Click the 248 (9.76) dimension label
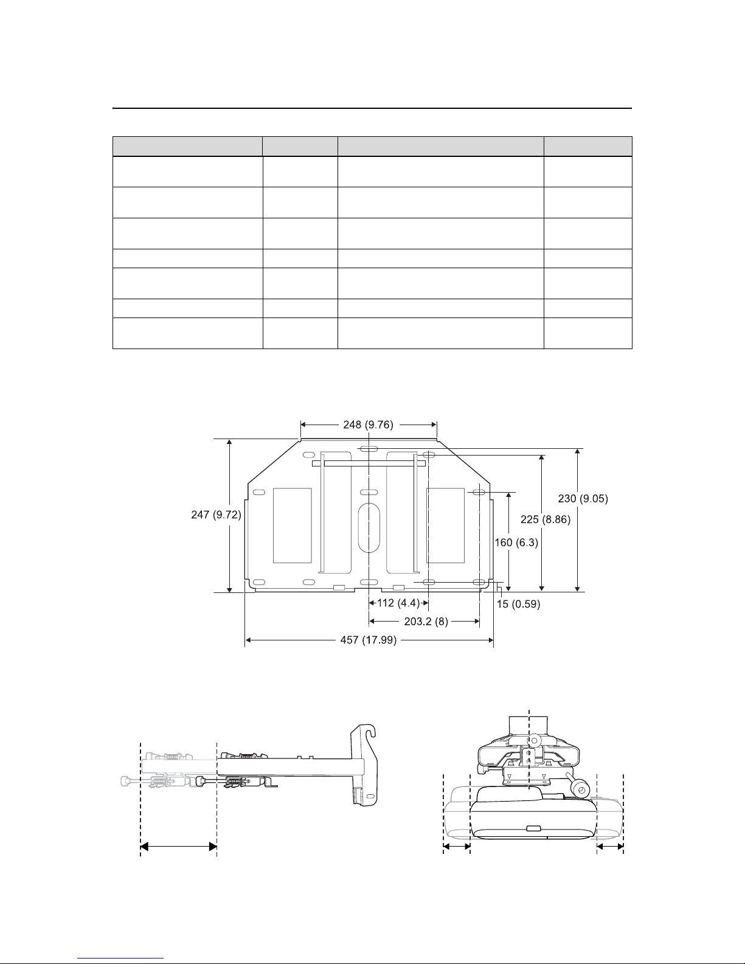pyautogui.click(x=368, y=425)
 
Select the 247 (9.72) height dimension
pyautogui.click(x=216, y=514)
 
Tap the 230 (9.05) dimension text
pyautogui.click(x=583, y=498)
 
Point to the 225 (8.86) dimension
pyautogui.click(x=546, y=519)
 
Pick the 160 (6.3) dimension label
pyautogui.click(x=516, y=542)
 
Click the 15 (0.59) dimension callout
pyautogui.click(x=518, y=604)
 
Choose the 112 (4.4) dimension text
pyautogui.click(x=398, y=603)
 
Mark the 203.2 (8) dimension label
pyautogui.click(x=426, y=621)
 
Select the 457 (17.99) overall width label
pyautogui.click(x=368, y=640)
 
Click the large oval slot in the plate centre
pyautogui.click(x=369, y=527)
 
